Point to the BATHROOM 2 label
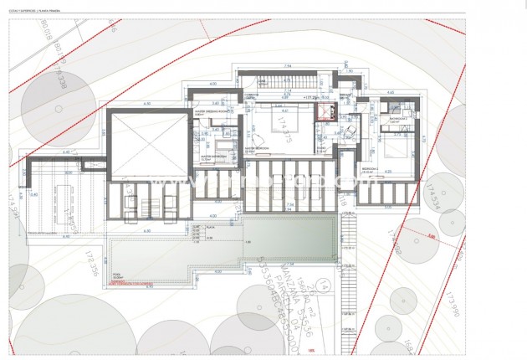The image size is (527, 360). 399,120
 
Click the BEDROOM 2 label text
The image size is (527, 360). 372,167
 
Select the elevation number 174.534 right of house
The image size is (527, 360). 432,195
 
